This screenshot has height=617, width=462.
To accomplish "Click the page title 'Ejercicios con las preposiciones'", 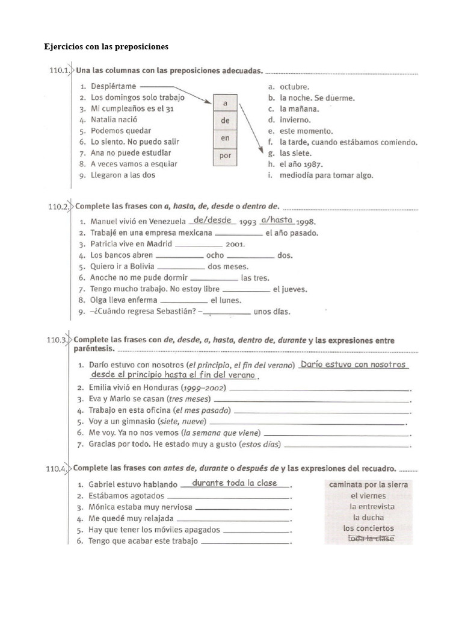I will [x=106, y=46].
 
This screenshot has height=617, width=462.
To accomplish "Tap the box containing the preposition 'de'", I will [x=226, y=120].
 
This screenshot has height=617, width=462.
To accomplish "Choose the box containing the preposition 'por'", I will [x=226, y=155].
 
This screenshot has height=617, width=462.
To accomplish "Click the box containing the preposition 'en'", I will [x=226, y=138].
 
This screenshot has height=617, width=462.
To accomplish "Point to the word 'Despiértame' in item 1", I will [x=114, y=86].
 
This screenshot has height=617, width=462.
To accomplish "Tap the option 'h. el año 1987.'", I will [x=296, y=164].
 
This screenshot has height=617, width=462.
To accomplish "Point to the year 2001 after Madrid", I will [x=235, y=245].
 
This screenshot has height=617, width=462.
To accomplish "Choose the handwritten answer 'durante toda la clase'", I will [x=235, y=483].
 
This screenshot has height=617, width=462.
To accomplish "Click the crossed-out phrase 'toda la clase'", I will [x=371, y=539].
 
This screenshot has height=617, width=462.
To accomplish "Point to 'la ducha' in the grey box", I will [x=368, y=517].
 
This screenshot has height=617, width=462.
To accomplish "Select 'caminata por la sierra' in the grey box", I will [x=368, y=484].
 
